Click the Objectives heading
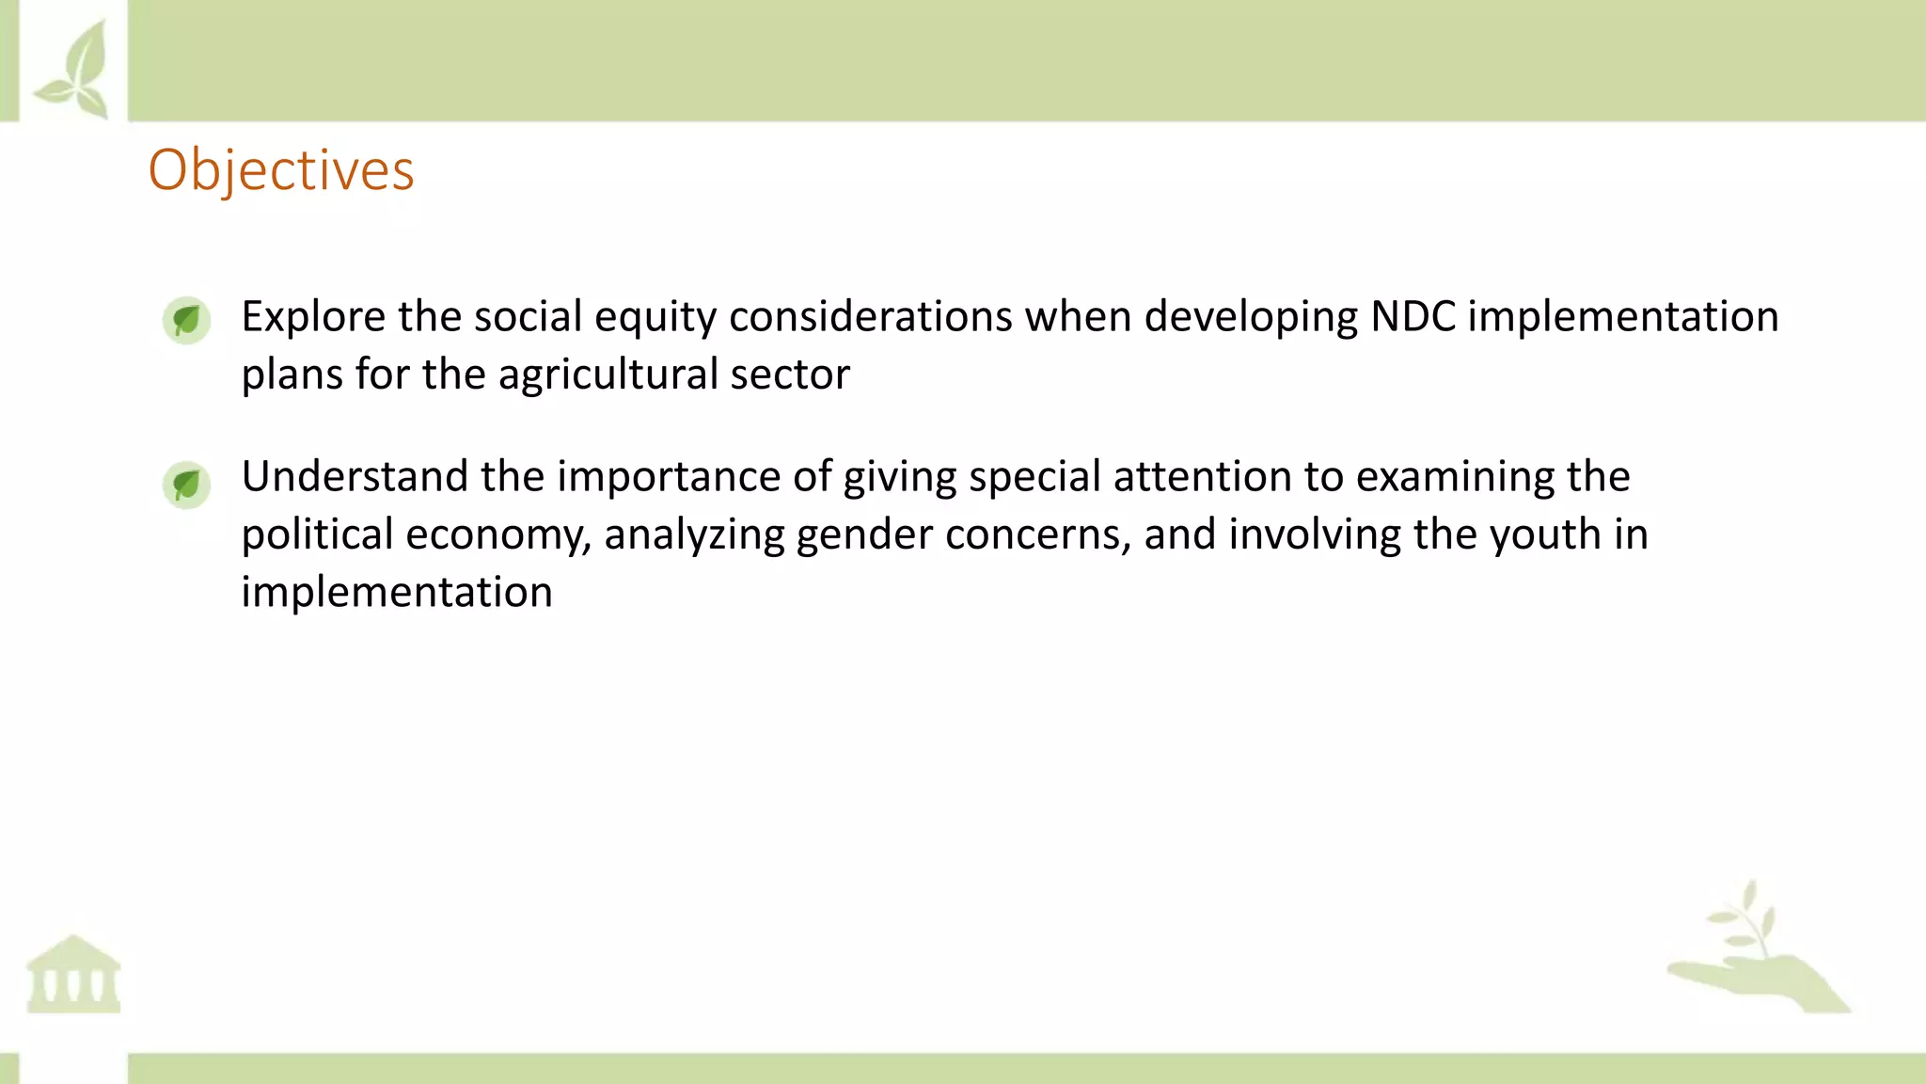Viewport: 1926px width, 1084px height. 281,170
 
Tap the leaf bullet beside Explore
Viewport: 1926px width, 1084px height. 186,320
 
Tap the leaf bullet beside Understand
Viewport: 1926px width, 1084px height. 186,485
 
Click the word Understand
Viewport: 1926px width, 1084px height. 355,476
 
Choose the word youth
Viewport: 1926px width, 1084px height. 1545,534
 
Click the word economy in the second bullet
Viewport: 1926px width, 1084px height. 498,535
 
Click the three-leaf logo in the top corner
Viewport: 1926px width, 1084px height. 73,70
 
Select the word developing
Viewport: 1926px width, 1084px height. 1251,317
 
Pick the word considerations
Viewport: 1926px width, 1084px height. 870,316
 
